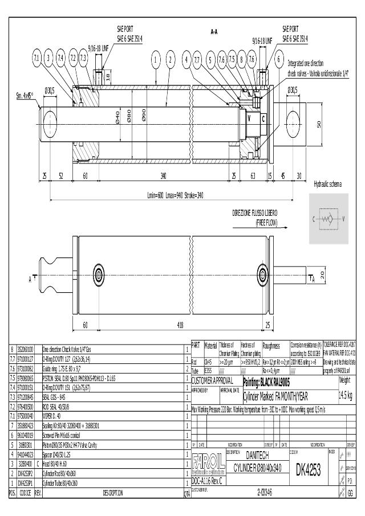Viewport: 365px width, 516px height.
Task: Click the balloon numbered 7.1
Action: point(36,58)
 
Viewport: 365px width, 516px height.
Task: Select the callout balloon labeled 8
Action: point(242,58)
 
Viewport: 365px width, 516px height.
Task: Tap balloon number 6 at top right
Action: point(279,58)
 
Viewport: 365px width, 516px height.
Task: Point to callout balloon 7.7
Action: point(197,58)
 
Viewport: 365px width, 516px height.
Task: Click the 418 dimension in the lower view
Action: point(180,325)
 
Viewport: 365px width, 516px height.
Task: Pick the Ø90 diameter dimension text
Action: point(144,114)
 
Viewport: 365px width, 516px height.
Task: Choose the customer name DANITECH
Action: point(257,456)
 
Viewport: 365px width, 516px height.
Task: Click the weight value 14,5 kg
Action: point(345,395)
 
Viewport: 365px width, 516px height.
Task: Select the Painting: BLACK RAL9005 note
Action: point(274,382)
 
